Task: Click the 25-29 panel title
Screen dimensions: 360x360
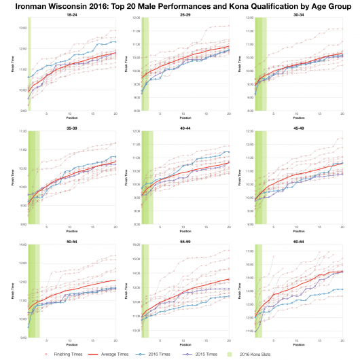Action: (185, 15)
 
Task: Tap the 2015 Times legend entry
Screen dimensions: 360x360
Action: (230, 353)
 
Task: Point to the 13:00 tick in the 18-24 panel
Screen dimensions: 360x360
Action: (22, 28)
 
